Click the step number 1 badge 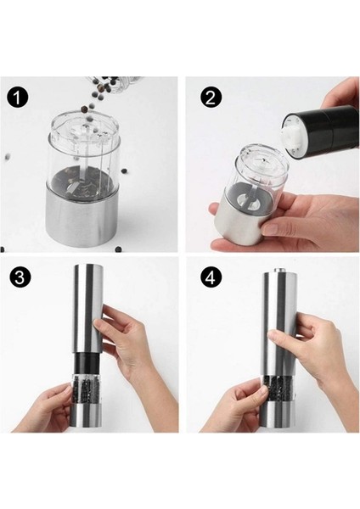[18, 98]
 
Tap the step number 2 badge [211, 98]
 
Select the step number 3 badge [20, 278]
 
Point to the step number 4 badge [211, 278]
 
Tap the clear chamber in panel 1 [86, 153]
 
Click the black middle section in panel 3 [87, 363]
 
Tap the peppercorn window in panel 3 [86, 389]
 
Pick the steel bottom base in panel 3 [86, 417]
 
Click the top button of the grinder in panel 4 [278, 270]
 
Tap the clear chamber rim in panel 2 [262, 159]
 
